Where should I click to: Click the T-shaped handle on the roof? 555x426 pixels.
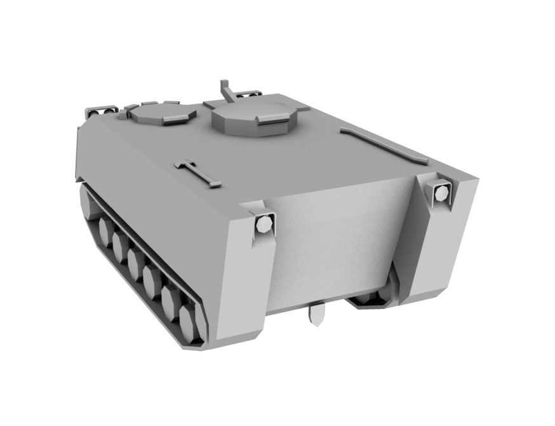click(x=197, y=172)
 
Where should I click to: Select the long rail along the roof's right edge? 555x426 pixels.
click(x=384, y=146)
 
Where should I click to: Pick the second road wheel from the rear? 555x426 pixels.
click(x=170, y=301)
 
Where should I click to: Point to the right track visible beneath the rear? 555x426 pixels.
click(x=371, y=299)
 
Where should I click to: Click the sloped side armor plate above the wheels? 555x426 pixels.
click(x=152, y=210)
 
